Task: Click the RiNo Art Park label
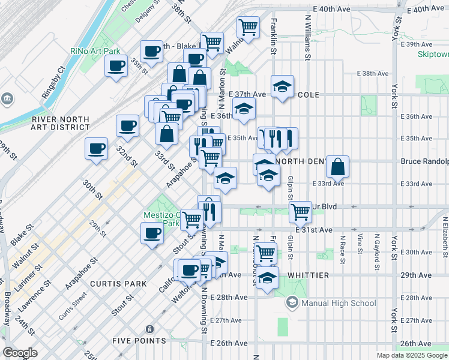pyautogui.click(x=95, y=51)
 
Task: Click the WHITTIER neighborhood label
pyautogui.click(x=308, y=275)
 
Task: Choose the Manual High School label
pyautogui.click(x=339, y=302)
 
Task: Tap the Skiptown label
pyautogui.click(x=434, y=53)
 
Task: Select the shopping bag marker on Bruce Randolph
pyautogui.click(x=338, y=167)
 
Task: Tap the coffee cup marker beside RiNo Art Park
pyautogui.click(x=116, y=66)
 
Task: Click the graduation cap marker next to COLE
pyautogui.click(x=282, y=86)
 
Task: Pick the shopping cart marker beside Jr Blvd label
pyautogui.click(x=300, y=211)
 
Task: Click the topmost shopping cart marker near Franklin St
pyautogui.click(x=247, y=26)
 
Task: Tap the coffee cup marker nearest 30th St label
pyautogui.click(x=96, y=149)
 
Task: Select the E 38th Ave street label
pyautogui.click(x=373, y=73)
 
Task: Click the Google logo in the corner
pyautogui.click(x=20, y=352)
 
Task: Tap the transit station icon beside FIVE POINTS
pyautogui.click(x=149, y=329)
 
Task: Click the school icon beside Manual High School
pyautogui.click(x=292, y=302)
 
